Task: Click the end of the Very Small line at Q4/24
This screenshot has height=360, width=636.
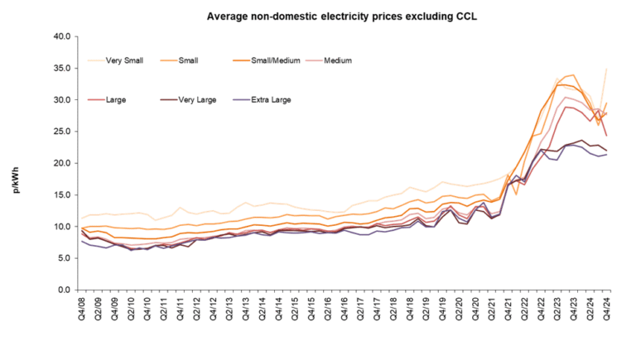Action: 608,69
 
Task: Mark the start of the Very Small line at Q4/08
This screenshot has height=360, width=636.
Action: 80,218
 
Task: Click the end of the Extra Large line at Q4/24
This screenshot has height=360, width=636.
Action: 608,155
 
